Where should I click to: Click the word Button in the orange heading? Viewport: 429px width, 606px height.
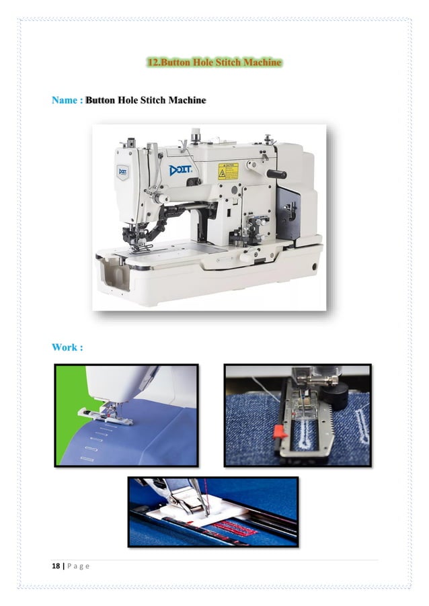[173, 62]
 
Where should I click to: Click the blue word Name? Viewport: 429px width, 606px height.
[65, 100]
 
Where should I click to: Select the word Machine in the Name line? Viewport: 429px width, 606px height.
[187, 100]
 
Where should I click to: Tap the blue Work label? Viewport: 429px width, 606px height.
[67, 347]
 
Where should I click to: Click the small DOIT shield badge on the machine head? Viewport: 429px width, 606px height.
[123, 171]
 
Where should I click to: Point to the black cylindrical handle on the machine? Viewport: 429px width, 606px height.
[276, 174]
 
